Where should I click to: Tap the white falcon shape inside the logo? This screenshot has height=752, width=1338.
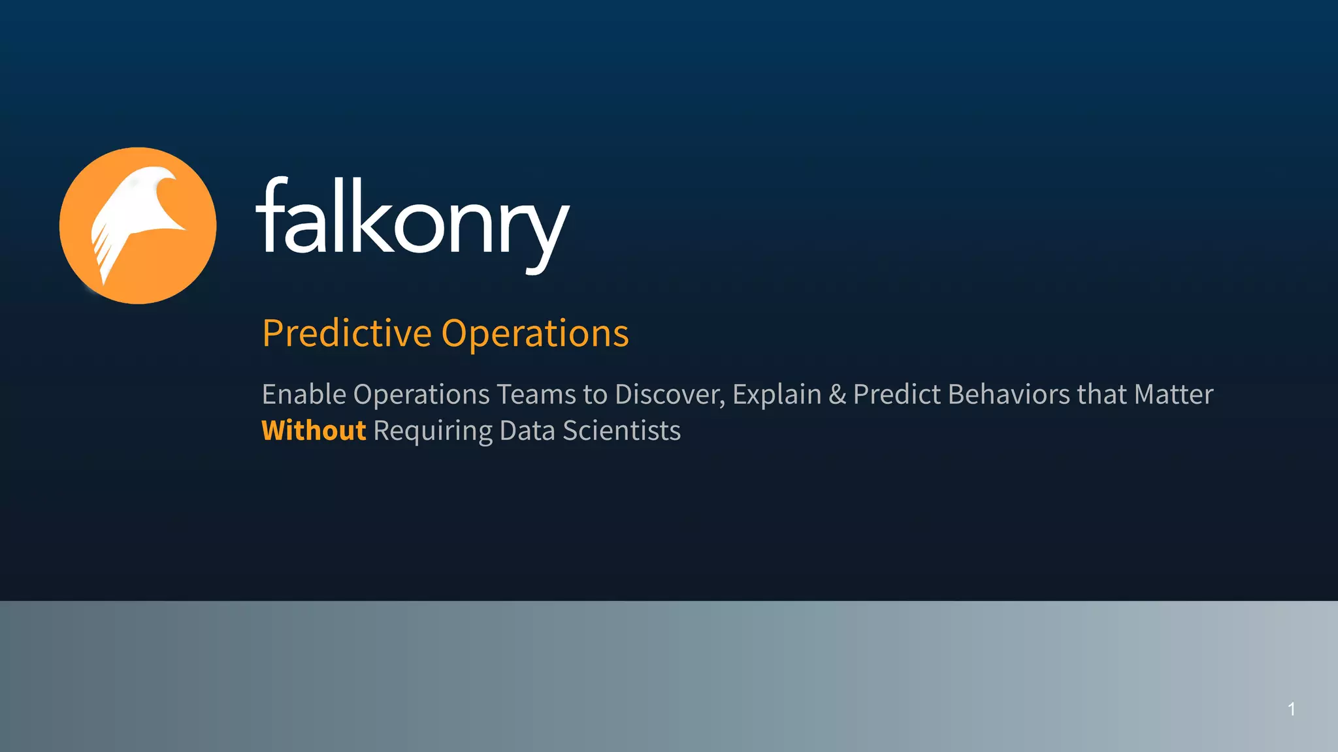(x=137, y=209)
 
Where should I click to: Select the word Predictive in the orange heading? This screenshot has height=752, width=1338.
(x=346, y=334)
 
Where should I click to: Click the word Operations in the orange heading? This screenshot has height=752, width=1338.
(x=535, y=334)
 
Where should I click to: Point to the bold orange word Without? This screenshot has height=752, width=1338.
(x=314, y=431)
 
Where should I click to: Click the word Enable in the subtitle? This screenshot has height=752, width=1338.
(x=304, y=394)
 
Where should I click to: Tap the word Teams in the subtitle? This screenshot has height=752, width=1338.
(x=536, y=394)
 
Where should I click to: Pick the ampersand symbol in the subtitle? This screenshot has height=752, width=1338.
(x=837, y=394)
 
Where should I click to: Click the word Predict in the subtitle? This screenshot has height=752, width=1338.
(x=897, y=394)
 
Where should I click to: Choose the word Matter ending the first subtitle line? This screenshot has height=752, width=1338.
(x=1173, y=394)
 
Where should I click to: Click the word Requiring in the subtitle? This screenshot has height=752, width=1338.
(x=432, y=431)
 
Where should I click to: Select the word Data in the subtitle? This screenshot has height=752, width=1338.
(x=527, y=431)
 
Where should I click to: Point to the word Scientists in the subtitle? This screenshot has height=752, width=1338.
(x=621, y=431)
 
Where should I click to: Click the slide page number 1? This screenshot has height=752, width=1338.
(x=1292, y=709)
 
